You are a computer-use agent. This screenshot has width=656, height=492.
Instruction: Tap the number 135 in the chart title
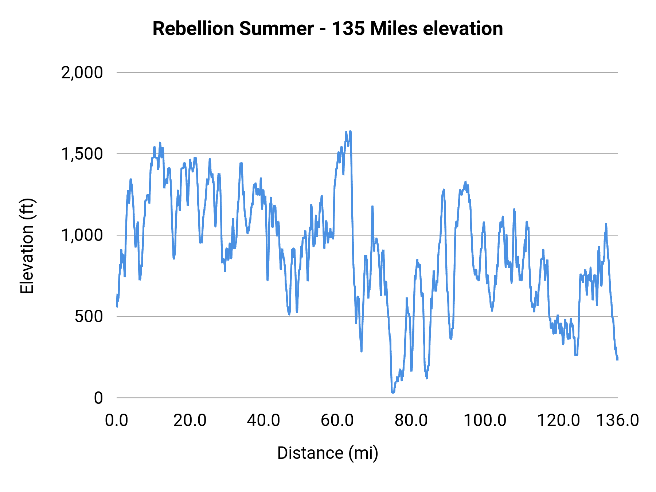(348, 28)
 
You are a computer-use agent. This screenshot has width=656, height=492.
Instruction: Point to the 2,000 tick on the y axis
(82, 73)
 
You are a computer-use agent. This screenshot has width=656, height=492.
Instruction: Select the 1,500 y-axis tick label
(82, 154)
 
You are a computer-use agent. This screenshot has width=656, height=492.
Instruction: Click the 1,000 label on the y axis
(82, 235)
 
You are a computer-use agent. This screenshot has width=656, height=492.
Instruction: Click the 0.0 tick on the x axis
(117, 420)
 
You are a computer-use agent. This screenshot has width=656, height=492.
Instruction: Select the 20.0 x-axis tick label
(190, 420)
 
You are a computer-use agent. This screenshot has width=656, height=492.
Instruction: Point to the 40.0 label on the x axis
(263, 420)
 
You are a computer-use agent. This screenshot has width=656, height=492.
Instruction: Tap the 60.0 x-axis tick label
(337, 420)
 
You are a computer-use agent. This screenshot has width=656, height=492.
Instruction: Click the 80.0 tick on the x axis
(411, 420)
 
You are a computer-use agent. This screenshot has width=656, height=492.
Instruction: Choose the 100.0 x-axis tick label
(485, 420)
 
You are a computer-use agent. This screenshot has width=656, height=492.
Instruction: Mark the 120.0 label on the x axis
(558, 420)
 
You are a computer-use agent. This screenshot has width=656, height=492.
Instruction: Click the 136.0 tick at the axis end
(617, 420)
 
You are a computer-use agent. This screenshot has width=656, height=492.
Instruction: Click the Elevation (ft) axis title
(27, 246)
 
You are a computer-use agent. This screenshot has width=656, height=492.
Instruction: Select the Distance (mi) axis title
(328, 453)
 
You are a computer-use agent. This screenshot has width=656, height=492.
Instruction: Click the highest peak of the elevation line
(350, 131)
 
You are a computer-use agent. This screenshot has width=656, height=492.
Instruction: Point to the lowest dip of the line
(393, 392)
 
